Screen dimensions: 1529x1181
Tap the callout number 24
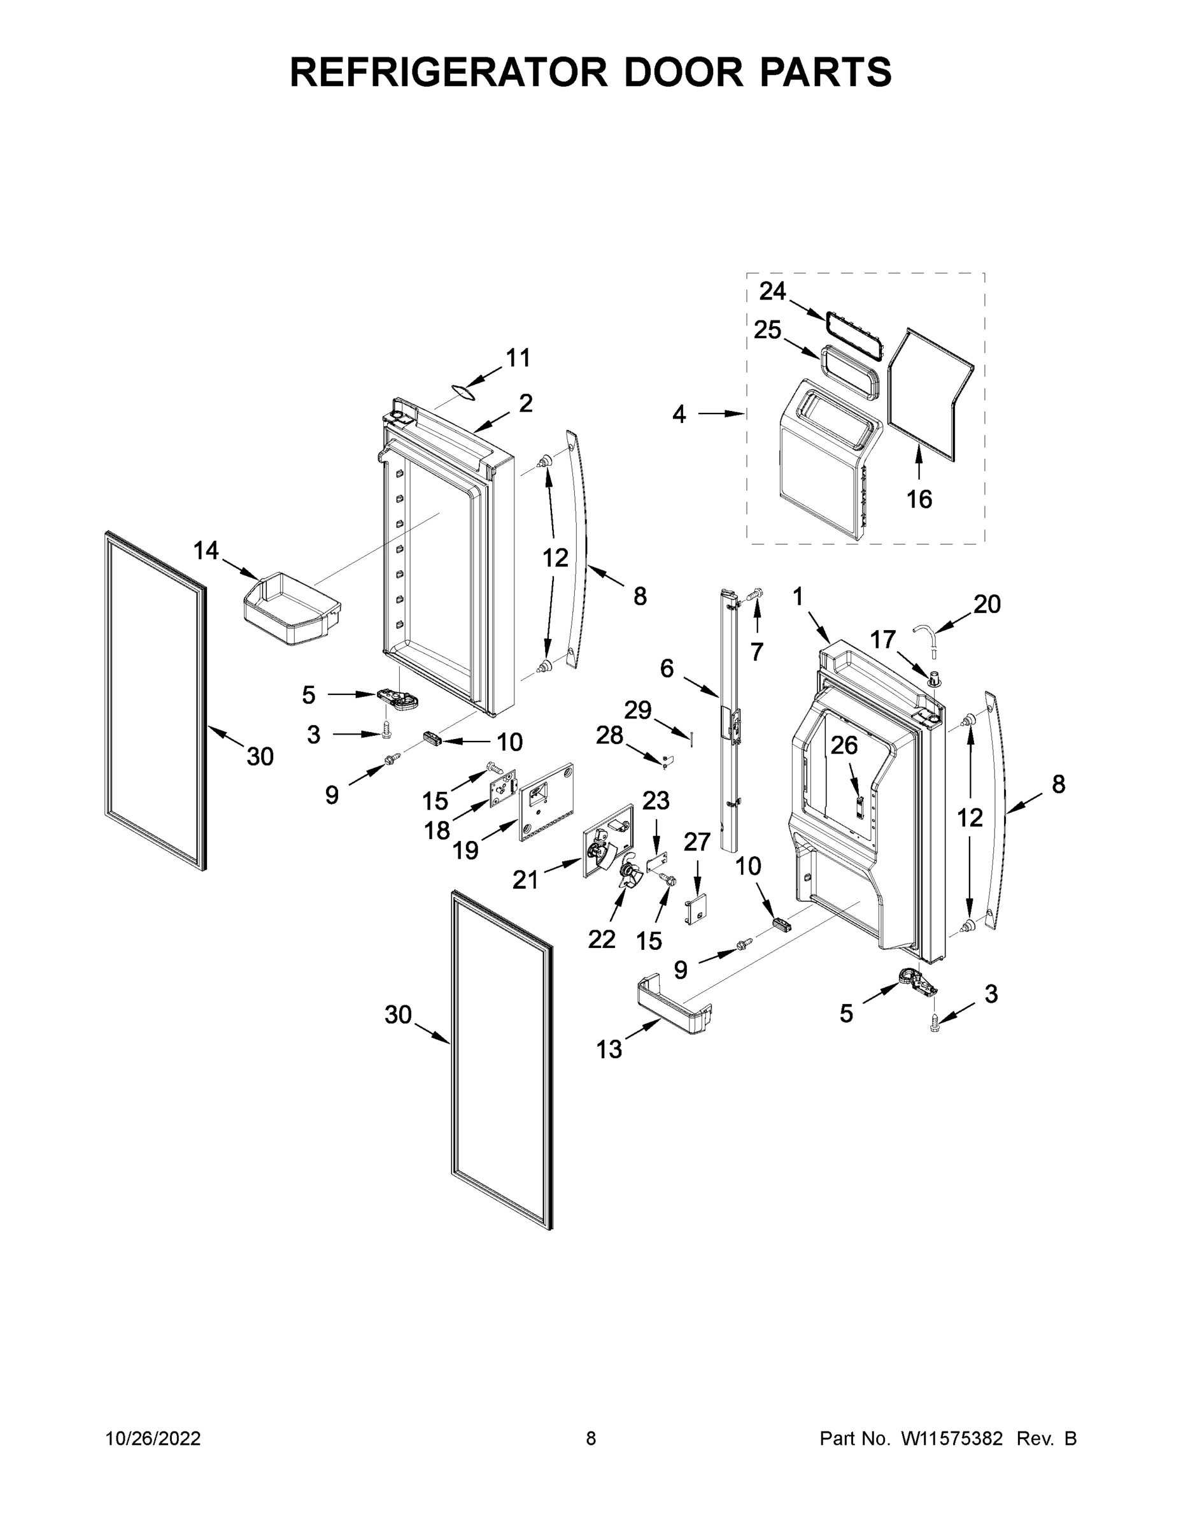coord(772,291)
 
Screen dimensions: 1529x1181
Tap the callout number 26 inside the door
coord(844,745)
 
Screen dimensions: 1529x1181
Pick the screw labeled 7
coord(754,594)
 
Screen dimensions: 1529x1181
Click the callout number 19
coord(465,850)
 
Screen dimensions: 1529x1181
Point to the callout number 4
coord(679,415)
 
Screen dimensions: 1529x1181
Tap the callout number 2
coord(525,403)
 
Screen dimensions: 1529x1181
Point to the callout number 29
coord(637,710)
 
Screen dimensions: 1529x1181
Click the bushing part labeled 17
coord(935,677)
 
